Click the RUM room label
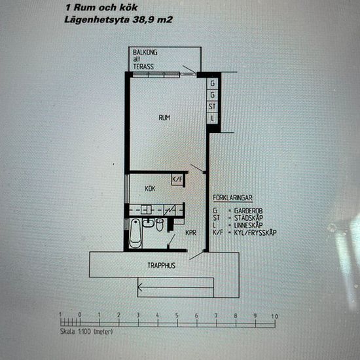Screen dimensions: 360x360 click(x=165, y=118)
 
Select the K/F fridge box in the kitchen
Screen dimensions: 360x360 click(x=177, y=179)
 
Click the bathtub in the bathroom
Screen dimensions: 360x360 click(x=135, y=233)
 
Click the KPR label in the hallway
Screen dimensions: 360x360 click(x=190, y=232)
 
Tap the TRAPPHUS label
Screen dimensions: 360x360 click(x=158, y=266)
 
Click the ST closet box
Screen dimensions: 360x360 click(x=212, y=106)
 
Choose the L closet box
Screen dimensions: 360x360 click(x=212, y=118)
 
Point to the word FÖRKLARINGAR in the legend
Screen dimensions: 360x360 click(x=234, y=196)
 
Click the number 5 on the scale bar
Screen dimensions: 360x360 click(x=177, y=316)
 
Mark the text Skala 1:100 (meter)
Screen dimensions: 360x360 click(x=82, y=333)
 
